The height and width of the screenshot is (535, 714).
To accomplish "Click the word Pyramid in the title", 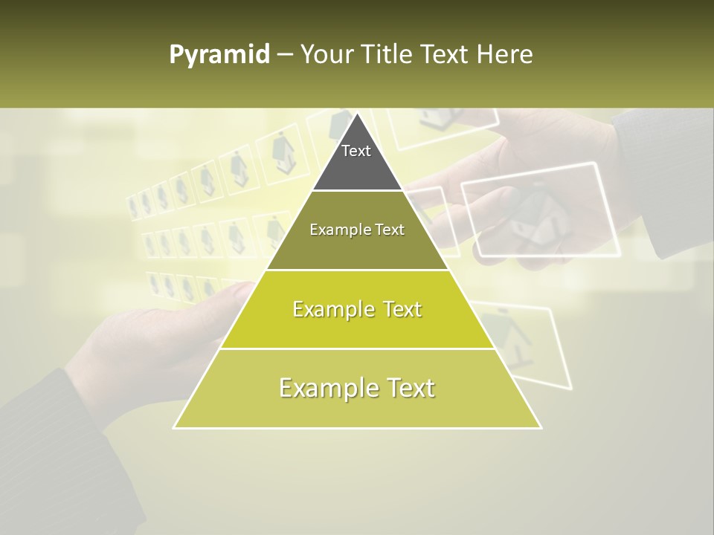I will pyautogui.click(x=219, y=55).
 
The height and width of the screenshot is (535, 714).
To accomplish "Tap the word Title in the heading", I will pyautogui.click(x=387, y=54).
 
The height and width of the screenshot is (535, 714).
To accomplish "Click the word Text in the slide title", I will pyautogui.click(x=446, y=54).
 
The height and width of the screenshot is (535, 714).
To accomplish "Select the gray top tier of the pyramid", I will pyautogui.click(x=357, y=167).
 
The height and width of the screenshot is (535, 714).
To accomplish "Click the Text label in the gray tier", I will pyautogui.click(x=356, y=151).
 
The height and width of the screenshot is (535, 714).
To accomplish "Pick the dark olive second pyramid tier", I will pyautogui.click(x=357, y=245).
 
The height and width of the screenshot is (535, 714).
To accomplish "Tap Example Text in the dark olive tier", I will pyautogui.click(x=357, y=230).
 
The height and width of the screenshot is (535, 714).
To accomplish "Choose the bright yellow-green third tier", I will pyautogui.click(x=357, y=327).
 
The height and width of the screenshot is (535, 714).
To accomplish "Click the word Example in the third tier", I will pyautogui.click(x=325, y=309).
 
